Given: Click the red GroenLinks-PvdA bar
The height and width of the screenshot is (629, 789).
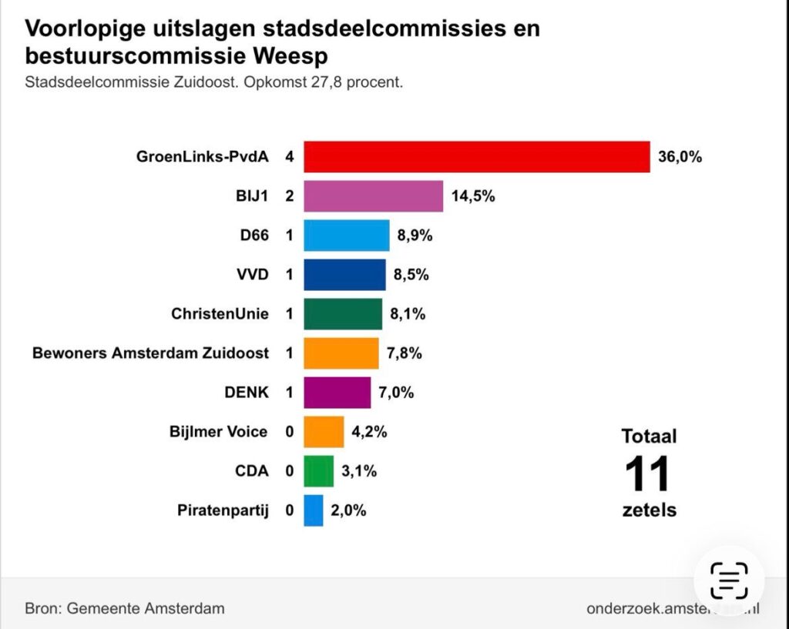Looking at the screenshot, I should click(x=476, y=157).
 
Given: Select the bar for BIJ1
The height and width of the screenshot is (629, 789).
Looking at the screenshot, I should click(x=373, y=196).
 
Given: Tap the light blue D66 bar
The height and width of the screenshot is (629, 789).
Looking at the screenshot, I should click(x=346, y=236).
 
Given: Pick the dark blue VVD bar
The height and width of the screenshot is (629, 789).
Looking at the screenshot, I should click(x=344, y=275).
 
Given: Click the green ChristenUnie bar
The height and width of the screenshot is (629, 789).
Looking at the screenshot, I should click(x=343, y=314).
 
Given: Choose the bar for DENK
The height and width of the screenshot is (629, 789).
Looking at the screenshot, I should click(x=337, y=393).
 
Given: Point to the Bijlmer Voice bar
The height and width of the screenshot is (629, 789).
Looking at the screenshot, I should click(x=324, y=432).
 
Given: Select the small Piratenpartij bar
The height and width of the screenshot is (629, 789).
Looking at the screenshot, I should click(x=313, y=510).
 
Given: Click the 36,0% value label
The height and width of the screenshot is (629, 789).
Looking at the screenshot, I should click(x=680, y=157).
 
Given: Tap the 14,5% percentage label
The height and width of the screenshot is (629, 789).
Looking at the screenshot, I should click(x=473, y=196).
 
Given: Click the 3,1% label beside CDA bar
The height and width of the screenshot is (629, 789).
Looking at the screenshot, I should click(x=360, y=471).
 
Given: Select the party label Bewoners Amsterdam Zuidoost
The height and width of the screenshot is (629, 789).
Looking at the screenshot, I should click(x=151, y=353).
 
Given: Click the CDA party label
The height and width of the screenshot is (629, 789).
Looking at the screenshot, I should click(x=252, y=471).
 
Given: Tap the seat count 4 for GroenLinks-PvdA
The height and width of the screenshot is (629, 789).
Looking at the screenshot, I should click(x=290, y=157).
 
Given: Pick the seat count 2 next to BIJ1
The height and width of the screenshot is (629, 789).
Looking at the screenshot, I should click(x=290, y=196).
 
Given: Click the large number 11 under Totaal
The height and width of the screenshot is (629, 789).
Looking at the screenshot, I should click(x=648, y=474).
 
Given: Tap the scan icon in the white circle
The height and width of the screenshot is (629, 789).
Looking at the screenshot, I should click(x=729, y=580).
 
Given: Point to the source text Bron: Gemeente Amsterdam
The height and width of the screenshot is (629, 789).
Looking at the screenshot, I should click(x=125, y=608).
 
